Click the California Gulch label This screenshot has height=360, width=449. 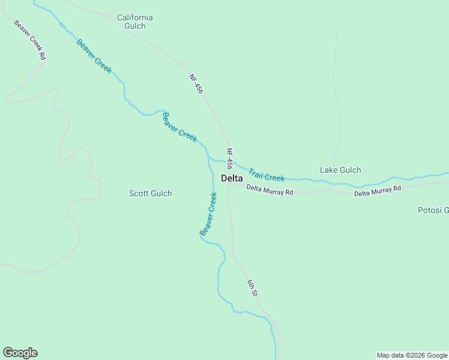coord(134,22)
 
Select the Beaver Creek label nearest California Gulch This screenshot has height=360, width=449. coord(94,56)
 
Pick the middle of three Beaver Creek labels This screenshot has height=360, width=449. coord(179,127)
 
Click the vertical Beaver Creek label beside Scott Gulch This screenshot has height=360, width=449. coord(208,213)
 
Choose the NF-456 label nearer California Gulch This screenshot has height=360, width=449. coord(196,83)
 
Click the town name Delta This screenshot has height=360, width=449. coord(232,178)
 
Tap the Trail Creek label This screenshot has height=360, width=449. coord(267,175)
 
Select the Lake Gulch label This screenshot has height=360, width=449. coord(340,170)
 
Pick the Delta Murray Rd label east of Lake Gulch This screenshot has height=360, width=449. coord(377,191)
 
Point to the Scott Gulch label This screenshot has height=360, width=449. coord(151,193)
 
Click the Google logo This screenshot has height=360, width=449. coord(20,353)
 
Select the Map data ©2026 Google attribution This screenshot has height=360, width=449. coord(412,355)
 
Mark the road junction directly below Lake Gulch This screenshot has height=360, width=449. coord(328,191)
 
